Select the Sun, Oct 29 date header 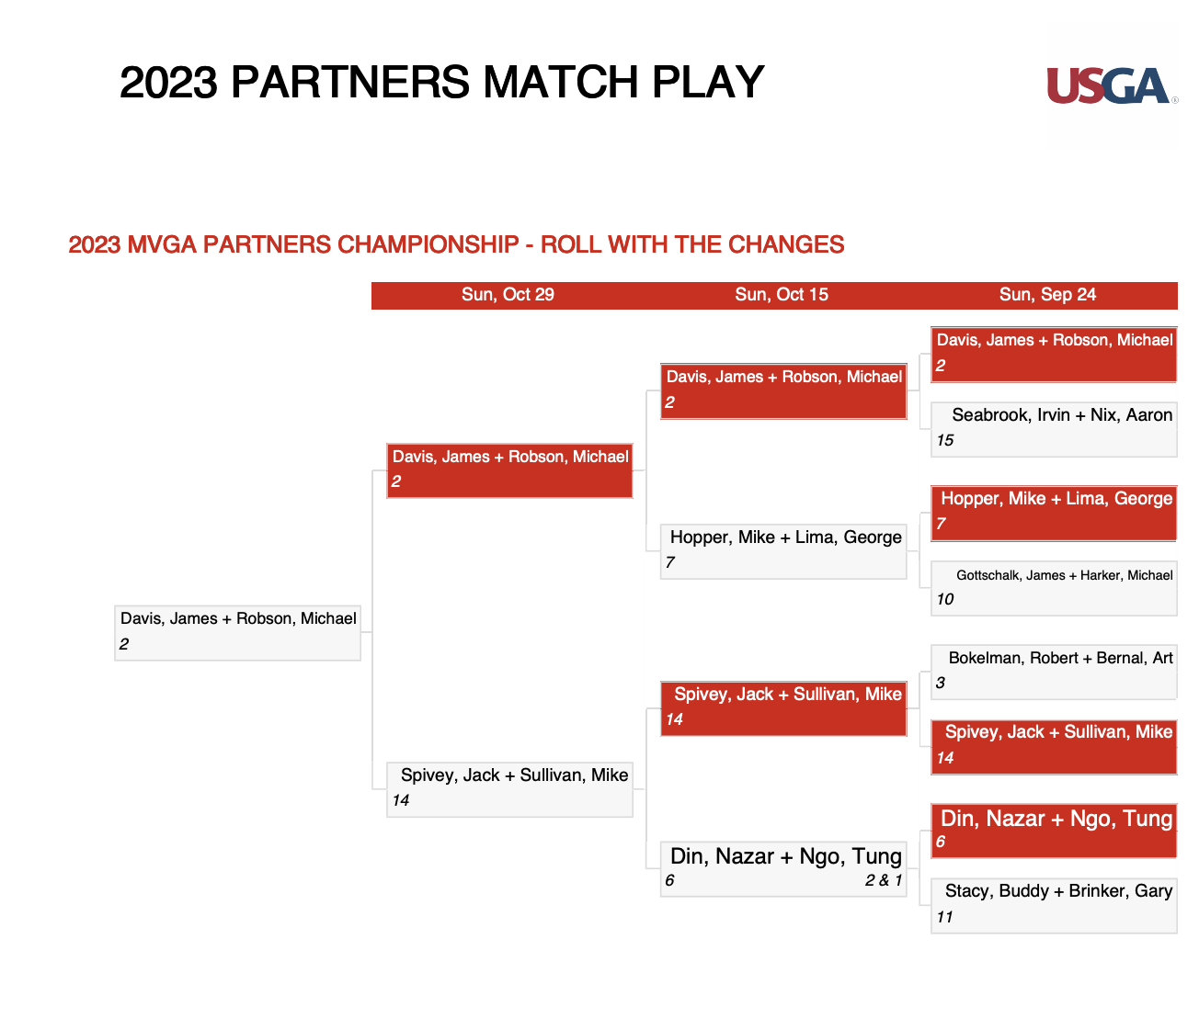(508, 295)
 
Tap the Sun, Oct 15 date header (782, 295)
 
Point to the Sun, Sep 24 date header (1047, 295)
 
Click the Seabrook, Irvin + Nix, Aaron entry (1054, 430)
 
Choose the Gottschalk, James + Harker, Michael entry (1054, 588)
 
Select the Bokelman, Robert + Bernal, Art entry (1054, 672)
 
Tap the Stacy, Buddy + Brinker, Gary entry (1054, 906)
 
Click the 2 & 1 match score (883, 880)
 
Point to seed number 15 (945, 441)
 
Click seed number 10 (945, 599)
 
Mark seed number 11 (944, 917)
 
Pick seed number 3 (941, 683)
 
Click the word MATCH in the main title (561, 83)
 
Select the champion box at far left (238, 633)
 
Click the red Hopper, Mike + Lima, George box (1054, 514)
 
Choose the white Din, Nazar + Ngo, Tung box (783, 869)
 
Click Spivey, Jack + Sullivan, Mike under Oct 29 (510, 789)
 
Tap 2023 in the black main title (169, 83)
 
